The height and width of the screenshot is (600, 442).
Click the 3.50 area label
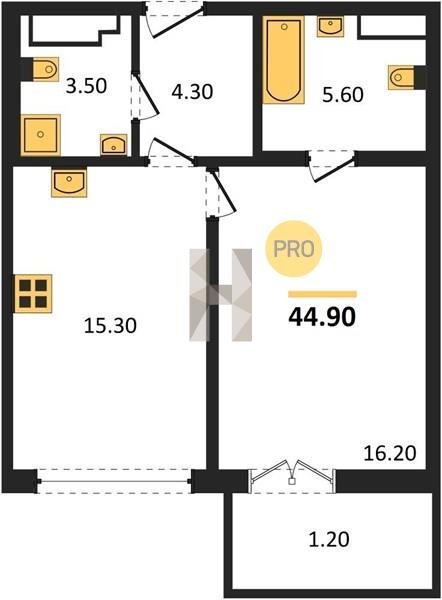86,86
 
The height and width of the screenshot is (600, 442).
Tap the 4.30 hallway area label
192,92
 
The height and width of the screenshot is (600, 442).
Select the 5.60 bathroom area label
343,95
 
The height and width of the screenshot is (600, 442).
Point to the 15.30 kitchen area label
110,326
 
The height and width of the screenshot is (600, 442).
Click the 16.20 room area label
390,453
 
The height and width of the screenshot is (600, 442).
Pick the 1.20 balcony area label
329,540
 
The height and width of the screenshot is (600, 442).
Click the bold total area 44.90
322,317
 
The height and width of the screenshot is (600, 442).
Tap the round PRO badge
294,249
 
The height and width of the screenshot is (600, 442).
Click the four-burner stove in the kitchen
33,293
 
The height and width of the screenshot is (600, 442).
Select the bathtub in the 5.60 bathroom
284,60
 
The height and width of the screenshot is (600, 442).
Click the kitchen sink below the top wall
69,183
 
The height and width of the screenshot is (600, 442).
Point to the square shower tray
41,135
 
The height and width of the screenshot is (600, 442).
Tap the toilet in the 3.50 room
43,69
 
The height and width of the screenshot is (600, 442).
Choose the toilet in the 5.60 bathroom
404,78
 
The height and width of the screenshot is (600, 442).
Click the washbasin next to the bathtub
330,26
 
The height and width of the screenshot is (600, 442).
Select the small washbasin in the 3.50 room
114,145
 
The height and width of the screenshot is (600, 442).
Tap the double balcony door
292,476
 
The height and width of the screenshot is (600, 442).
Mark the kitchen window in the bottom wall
115,481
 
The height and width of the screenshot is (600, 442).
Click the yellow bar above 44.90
322,294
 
